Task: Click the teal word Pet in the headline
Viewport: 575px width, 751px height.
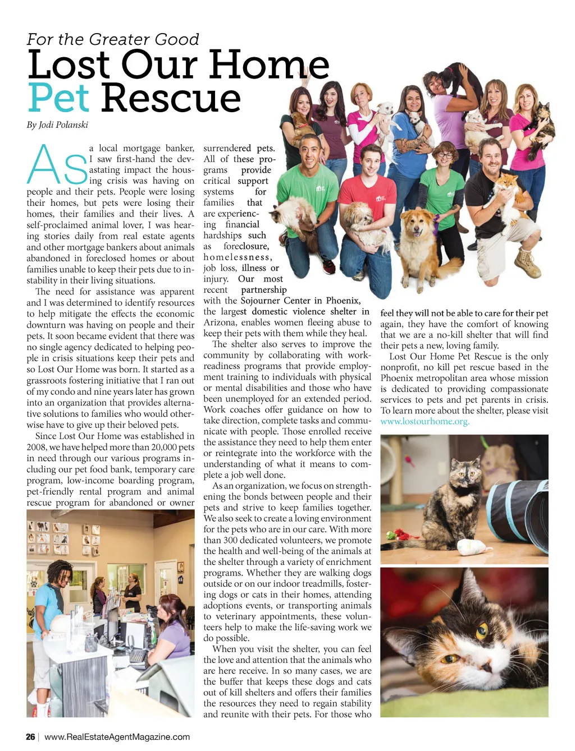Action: pyautogui.click(x=58, y=98)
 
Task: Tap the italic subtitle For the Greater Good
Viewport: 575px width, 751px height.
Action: pyautogui.click(x=112, y=39)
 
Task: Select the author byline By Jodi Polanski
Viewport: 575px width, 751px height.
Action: pyautogui.click(x=57, y=125)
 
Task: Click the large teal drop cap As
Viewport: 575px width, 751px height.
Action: pyautogui.click(x=57, y=165)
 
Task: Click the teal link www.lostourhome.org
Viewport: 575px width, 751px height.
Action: pyautogui.click(x=425, y=421)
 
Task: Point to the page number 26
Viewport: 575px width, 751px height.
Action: pyautogui.click(x=30, y=737)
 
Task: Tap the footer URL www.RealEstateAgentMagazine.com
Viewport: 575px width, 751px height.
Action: pyautogui.click(x=117, y=737)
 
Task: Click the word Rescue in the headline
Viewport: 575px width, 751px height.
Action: pyautogui.click(x=171, y=98)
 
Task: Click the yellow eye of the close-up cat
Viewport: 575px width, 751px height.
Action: pyautogui.click(x=482, y=632)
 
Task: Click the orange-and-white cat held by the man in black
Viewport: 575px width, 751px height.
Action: pyautogui.click(x=505, y=191)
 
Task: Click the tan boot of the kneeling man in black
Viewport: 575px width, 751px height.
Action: pyautogui.click(x=528, y=261)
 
